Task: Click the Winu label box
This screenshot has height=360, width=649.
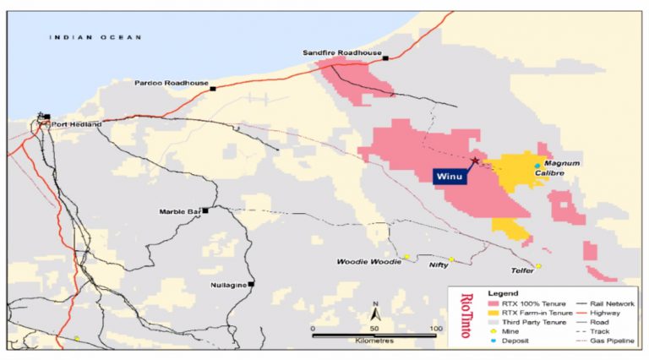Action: (x=451, y=177)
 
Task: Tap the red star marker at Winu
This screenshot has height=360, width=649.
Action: (x=476, y=161)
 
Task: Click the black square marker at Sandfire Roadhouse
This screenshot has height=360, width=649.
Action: (x=385, y=58)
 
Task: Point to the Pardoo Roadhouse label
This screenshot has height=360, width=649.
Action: (x=172, y=83)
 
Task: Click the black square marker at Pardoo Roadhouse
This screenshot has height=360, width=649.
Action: (x=214, y=88)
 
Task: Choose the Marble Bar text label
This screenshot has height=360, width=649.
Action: (x=178, y=211)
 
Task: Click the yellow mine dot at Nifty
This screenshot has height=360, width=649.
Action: (x=451, y=259)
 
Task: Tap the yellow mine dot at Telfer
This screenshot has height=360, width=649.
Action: (x=538, y=266)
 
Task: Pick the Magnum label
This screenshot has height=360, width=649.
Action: (x=562, y=162)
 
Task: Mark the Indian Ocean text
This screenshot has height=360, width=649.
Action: (x=93, y=36)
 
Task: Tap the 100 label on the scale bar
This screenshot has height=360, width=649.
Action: (x=436, y=328)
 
